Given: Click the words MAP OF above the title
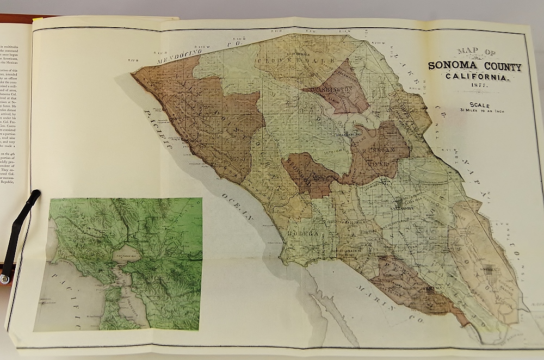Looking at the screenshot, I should tap(476, 52).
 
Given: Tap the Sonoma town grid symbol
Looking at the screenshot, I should tap(489, 271).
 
